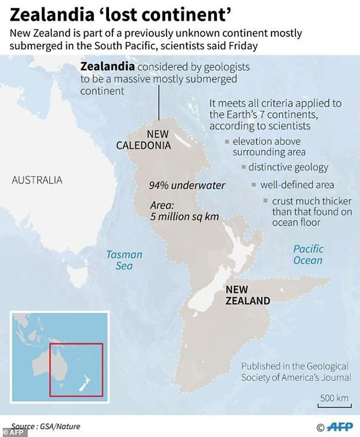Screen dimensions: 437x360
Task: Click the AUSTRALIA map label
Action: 37,180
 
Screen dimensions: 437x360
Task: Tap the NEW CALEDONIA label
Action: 143,140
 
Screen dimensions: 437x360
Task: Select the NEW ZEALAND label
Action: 247,295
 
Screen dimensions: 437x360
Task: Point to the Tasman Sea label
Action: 124,260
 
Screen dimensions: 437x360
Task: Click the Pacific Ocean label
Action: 308,254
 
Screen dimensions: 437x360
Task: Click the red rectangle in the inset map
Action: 76,370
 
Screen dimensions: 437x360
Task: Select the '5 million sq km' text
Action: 185,217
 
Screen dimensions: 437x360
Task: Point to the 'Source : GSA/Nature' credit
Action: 45,427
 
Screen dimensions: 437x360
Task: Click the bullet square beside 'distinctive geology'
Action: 244,167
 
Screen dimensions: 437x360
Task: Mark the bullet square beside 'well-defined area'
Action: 253,184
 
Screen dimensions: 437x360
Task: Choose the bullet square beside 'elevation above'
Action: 227,141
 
